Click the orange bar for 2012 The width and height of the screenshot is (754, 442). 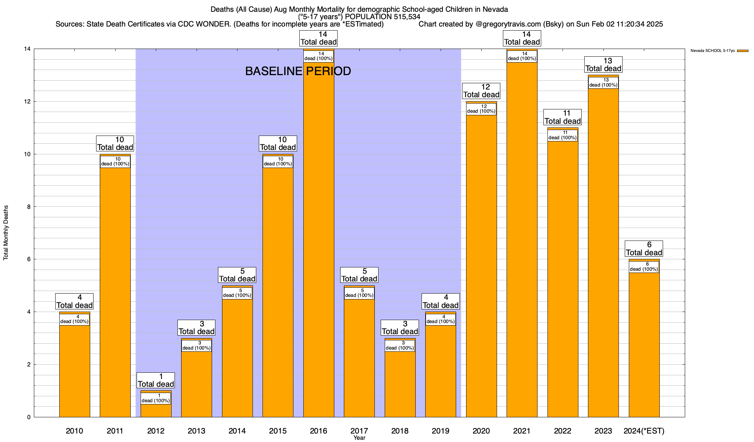click(156, 411)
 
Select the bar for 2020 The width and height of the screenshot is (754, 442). click(481, 265)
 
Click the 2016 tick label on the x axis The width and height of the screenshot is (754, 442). click(318, 431)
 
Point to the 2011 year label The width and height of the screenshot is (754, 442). click(115, 431)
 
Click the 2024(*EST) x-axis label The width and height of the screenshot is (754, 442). click(644, 431)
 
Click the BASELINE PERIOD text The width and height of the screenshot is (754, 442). click(298, 71)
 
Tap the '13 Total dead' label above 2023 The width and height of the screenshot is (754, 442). click(603, 64)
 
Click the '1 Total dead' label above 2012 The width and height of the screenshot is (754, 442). click(156, 380)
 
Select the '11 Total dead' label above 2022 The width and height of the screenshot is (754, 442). click(563, 117)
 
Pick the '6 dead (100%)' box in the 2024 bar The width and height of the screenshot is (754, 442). click(644, 267)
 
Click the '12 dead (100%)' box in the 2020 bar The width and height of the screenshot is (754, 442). click(481, 109)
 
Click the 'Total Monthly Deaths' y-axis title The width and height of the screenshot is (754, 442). click(6, 233)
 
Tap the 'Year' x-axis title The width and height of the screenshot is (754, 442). click(359, 438)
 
